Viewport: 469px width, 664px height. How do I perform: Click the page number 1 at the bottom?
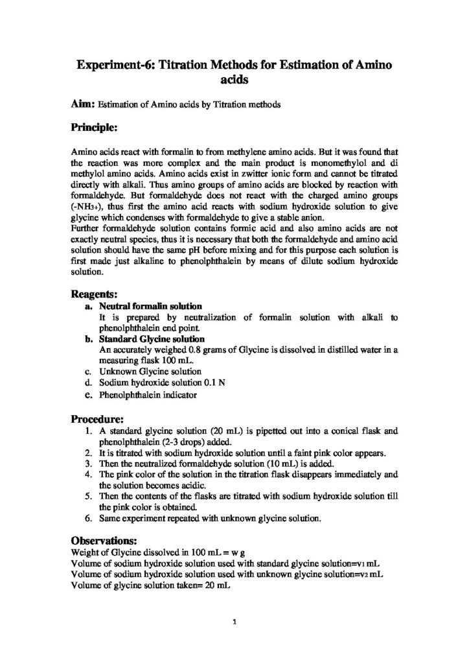[234, 623]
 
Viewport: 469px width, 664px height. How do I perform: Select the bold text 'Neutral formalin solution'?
[150, 305]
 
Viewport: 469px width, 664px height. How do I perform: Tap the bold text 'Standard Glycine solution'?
[152, 338]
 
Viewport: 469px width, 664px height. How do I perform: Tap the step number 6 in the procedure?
[88, 518]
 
